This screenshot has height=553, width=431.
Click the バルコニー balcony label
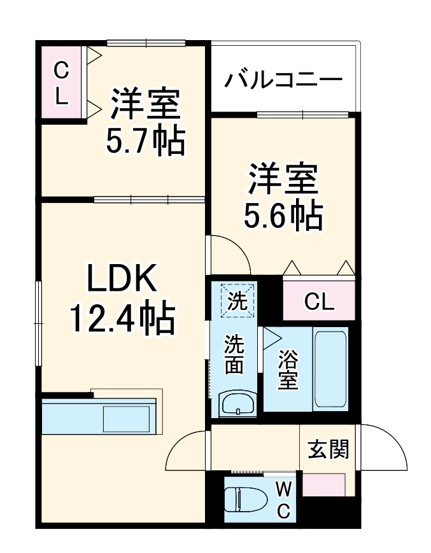pos(283,81)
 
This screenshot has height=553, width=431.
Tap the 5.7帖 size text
pos(145,142)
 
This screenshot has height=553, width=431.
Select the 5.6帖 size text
pos(283,217)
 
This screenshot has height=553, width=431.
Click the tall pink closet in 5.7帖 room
pos(61,81)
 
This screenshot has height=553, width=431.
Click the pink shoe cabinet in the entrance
pos(324,485)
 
